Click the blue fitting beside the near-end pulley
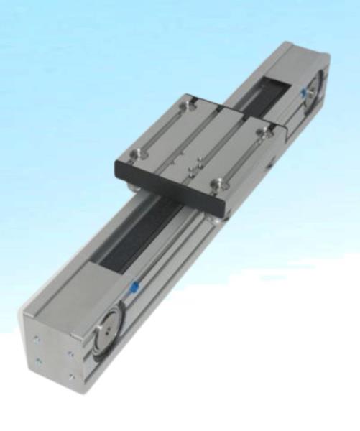134,289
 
